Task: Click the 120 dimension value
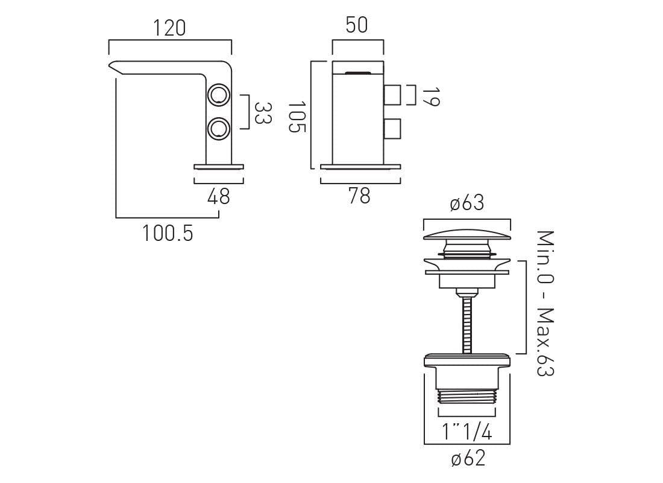tap(169, 28)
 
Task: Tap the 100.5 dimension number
tap(168, 234)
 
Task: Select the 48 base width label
tap(219, 197)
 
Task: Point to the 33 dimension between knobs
tap(263, 113)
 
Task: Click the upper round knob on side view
tap(219, 95)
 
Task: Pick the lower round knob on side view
tap(219, 128)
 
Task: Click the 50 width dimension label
tap(357, 25)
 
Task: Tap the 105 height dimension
tap(297, 117)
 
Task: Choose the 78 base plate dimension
tap(359, 196)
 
